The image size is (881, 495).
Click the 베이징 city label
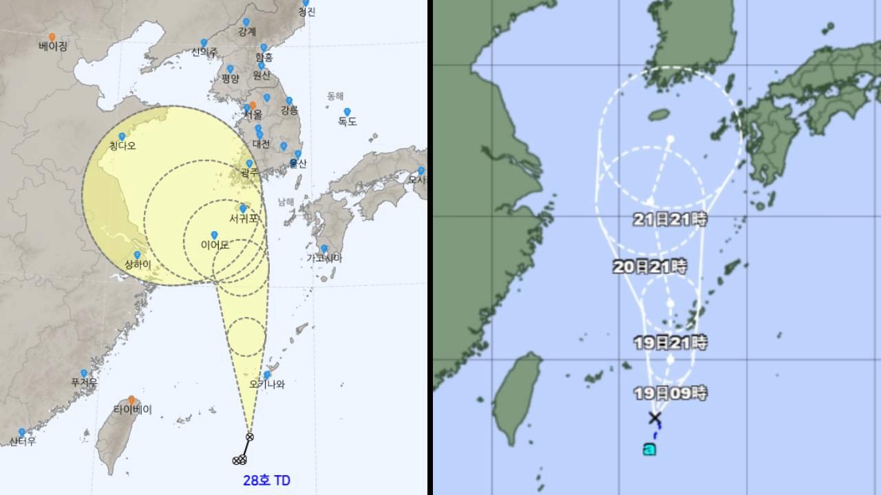click(53, 47)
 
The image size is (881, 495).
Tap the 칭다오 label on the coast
click(123, 146)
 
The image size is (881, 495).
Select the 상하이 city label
click(137, 265)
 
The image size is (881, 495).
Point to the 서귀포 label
click(244, 219)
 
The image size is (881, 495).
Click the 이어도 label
click(215, 245)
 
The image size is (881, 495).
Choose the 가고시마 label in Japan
click(324, 258)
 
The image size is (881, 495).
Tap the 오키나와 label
click(267, 384)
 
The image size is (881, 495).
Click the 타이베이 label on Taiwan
click(132, 410)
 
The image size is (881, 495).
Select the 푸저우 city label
click(84, 382)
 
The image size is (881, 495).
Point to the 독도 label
click(347, 122)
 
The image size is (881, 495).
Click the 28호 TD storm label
click(266, 480)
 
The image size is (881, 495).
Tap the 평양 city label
click(230, 78)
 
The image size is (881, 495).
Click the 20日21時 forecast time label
click(650, 267)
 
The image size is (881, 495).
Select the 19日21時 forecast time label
click(670, 342)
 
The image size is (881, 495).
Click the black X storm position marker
click(655, 418)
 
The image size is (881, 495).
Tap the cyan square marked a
click(649, 450)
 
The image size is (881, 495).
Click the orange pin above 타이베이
click(131, 399)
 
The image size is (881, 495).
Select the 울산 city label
click(298, 164)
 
